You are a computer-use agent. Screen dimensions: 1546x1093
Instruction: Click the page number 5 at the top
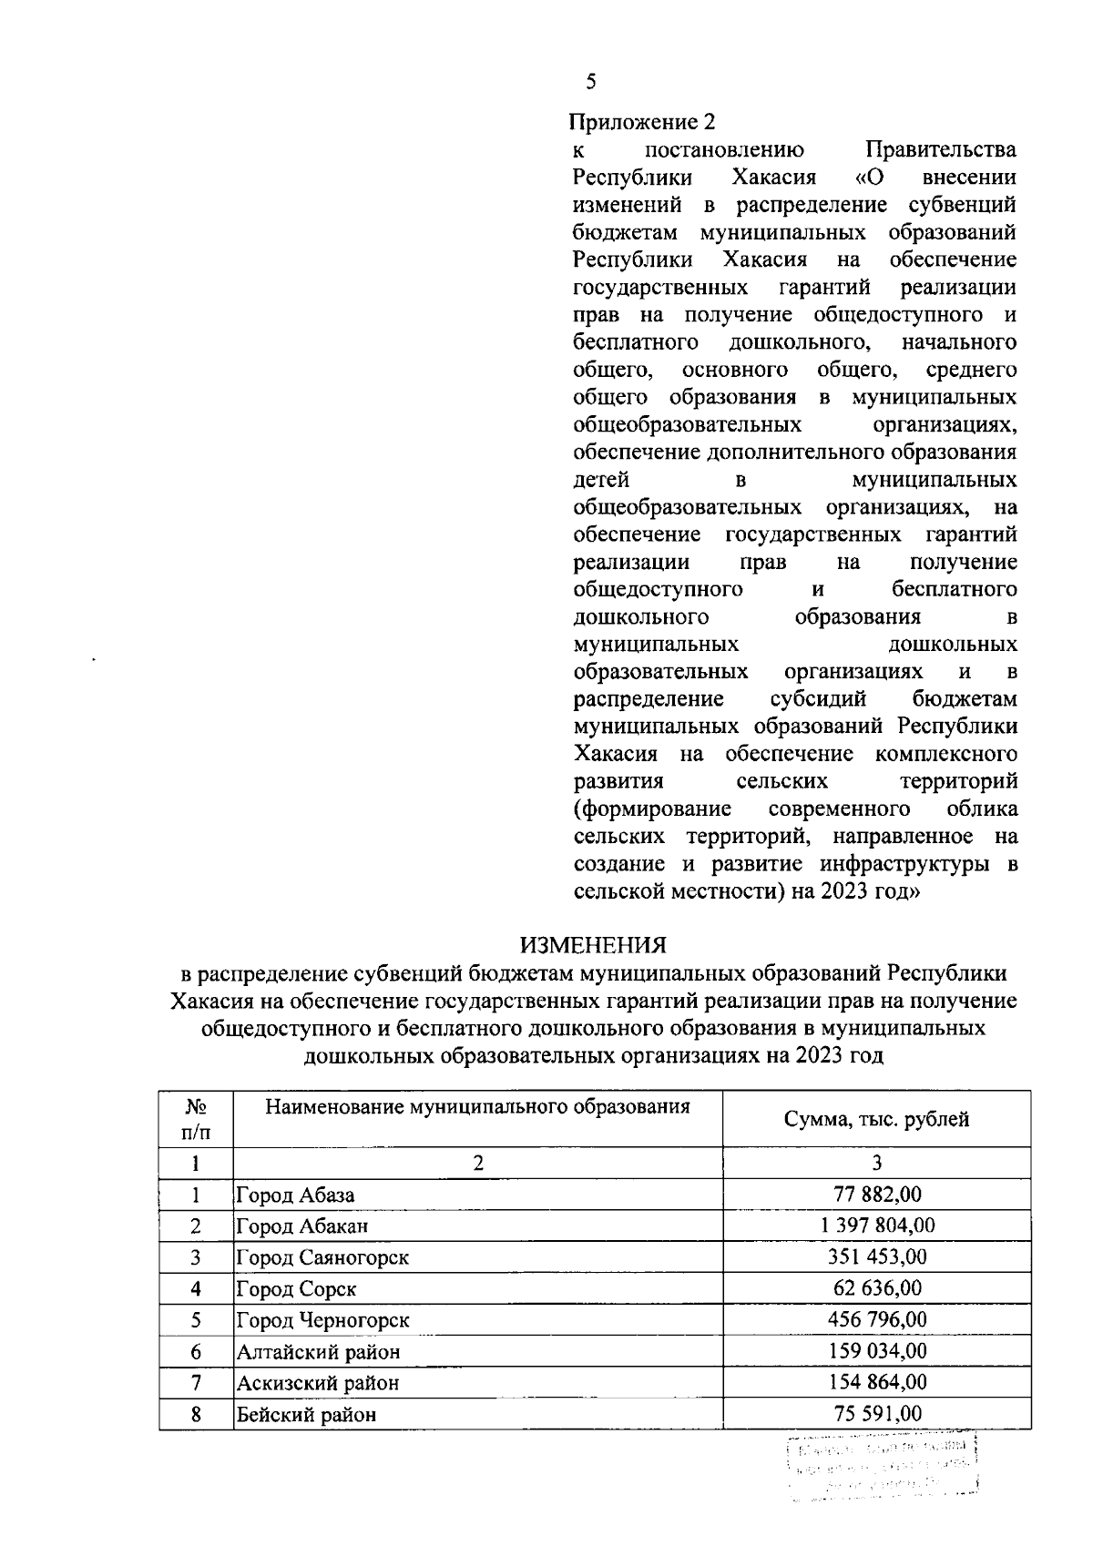(591, 83)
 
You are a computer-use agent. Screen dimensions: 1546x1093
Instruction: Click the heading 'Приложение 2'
(643, 122)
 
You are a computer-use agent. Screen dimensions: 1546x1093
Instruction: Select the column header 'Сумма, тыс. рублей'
(876, 1119)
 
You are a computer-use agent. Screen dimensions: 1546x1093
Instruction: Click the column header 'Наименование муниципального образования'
(477, 1107)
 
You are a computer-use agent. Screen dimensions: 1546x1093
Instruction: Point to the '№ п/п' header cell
(196, 1119)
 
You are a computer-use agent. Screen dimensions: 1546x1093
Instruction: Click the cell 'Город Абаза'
(295, 1195)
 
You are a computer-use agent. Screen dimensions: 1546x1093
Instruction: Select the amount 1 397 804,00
(877, 1226)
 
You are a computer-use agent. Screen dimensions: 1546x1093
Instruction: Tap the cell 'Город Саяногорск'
(322, 1257)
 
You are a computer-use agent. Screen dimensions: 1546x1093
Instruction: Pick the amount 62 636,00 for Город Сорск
(877, 1288)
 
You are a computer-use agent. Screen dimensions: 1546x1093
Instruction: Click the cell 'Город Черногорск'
(322, 1320)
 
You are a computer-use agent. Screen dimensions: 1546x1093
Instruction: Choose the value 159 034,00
(877, 1351)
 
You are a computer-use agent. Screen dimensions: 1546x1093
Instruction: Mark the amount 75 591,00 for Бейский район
(877, 1414)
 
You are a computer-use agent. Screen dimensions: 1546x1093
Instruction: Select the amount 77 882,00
(877, 1195)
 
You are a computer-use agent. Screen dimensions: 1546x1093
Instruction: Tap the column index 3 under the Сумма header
(876, 1163)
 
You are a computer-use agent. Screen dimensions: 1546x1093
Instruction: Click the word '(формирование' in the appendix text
(653, 809)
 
